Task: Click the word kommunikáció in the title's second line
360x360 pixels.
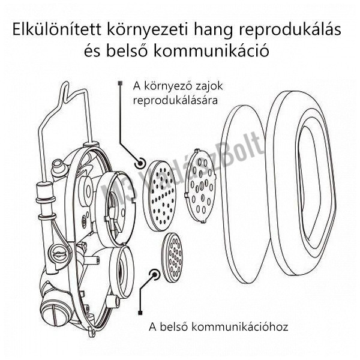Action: coord(223,52)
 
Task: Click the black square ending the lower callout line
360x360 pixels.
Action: coord(140,313)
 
